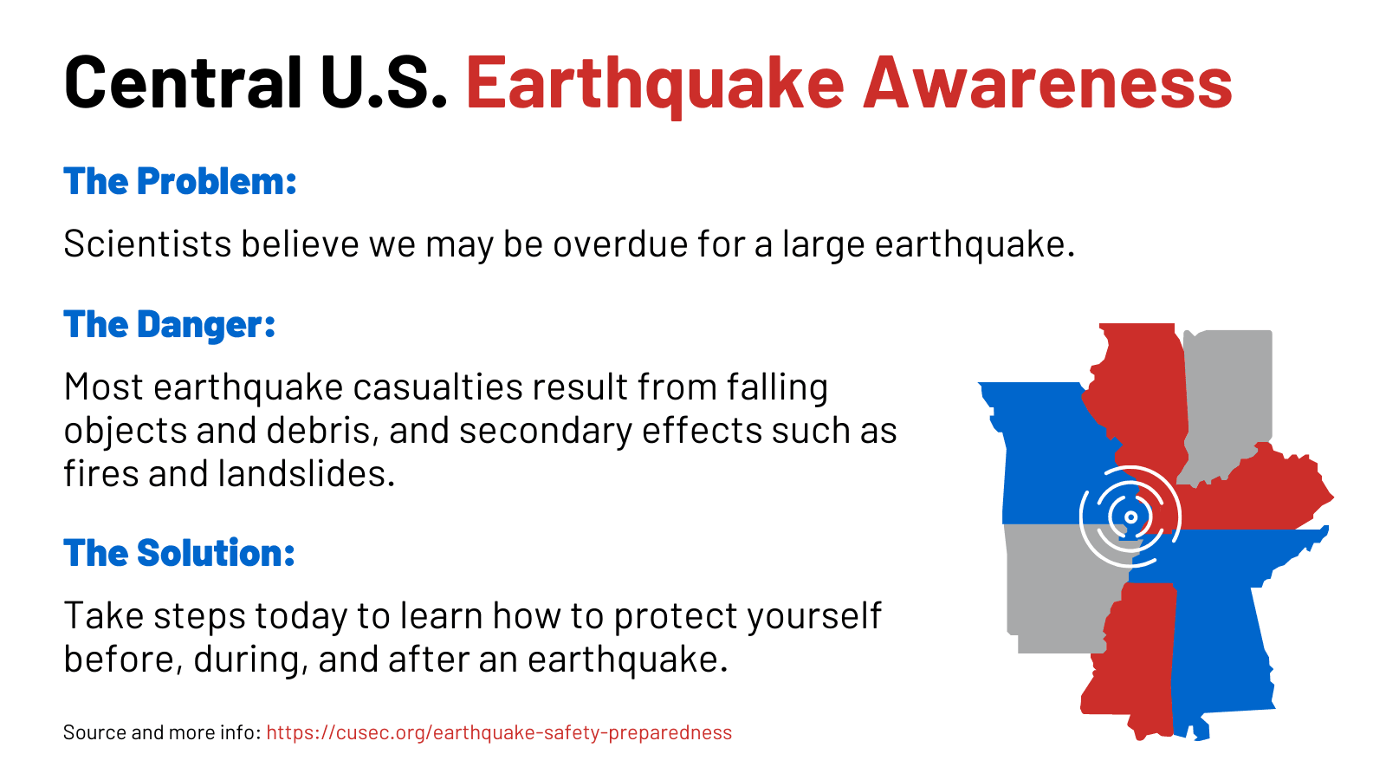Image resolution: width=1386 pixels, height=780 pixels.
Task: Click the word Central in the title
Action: [183, 82]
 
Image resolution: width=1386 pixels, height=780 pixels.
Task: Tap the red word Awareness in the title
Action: [1047, 82]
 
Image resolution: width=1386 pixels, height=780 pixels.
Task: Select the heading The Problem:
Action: [180, 182]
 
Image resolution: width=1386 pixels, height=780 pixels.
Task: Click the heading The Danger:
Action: [170, 325]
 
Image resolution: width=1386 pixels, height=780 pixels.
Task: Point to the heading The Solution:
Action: [179, 553]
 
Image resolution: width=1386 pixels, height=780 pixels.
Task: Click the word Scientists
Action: [147, 244]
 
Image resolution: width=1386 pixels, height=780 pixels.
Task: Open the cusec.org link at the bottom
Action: [499, 733]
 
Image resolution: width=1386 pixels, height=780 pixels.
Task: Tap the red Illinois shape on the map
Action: [1139, 390]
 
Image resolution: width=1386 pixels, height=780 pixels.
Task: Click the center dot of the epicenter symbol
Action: [1130, 517]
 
